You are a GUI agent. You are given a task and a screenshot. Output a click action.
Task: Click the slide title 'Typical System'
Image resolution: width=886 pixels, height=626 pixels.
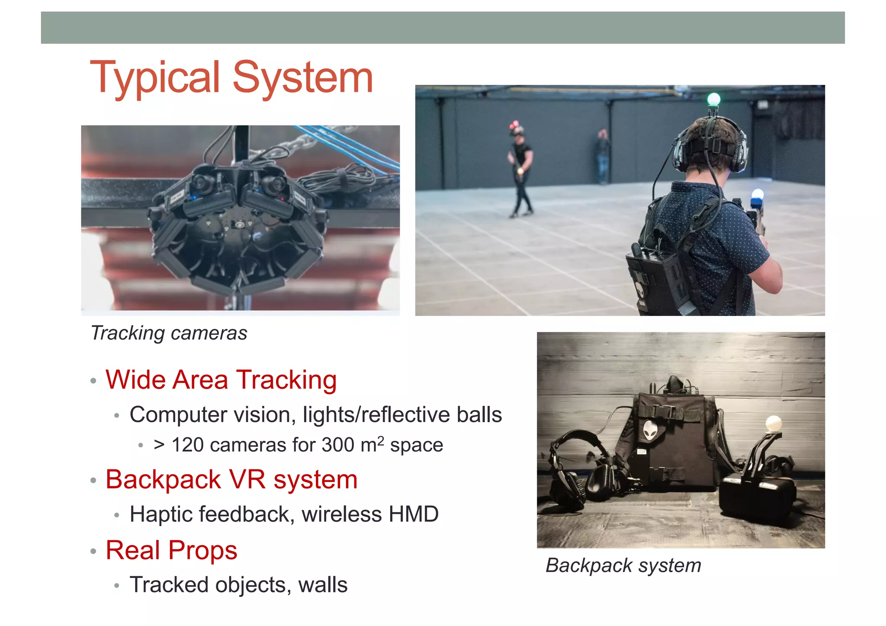(231, 78)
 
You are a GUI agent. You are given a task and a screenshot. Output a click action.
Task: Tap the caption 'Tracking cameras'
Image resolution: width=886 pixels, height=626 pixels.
(169, 333)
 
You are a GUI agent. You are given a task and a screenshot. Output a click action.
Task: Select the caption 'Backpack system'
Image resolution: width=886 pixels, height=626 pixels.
(623, 565)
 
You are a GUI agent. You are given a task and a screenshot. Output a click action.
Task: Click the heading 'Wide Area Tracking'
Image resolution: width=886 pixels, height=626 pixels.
(221, 380)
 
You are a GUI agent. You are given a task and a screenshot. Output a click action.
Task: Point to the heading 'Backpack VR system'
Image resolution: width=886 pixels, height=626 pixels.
(231, 479)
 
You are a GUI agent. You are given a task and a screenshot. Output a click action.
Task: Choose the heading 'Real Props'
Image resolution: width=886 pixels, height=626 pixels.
(171, 550)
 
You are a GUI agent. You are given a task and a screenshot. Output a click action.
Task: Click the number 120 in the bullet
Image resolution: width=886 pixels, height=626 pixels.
(187, 445)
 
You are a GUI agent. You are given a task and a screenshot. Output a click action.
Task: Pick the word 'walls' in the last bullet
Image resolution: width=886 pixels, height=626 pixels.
(323, 585)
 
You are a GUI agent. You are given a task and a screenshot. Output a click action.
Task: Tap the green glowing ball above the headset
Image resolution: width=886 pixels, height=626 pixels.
(713, 100)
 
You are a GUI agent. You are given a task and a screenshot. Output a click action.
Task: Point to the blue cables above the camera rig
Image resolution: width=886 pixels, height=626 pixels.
(346, 147)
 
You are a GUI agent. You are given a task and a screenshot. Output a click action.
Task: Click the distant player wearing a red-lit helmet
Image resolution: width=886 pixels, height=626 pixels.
(520, 169)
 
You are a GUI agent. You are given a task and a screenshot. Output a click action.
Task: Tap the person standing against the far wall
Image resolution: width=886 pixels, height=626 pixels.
(602, 156)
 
